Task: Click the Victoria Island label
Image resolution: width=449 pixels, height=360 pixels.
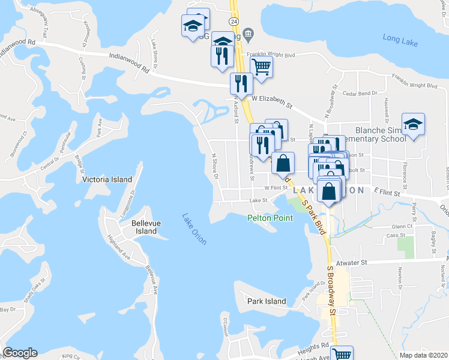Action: [106, 179]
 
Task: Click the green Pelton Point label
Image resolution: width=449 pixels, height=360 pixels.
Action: [270, 218]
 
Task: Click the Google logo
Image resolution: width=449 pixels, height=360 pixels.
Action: [20, 353]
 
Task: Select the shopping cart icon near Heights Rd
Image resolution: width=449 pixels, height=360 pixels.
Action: [342, 354]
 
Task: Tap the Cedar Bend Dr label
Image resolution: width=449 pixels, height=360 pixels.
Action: [359, 93]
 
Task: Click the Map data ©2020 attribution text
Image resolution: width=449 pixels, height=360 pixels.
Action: [423, 355]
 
